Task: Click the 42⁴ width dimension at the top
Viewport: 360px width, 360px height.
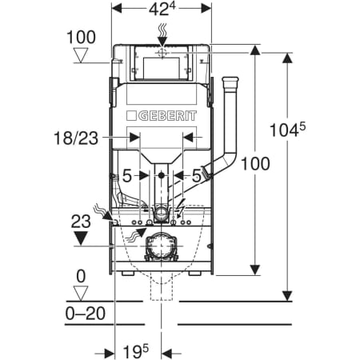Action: tap(162, 9)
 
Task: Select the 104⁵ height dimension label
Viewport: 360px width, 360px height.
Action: tap(287, 130)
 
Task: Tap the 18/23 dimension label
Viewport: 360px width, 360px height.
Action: tap(76, 138)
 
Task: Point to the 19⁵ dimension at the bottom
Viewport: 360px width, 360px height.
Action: tap(136, 352)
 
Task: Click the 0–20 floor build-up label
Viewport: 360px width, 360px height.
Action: tap(86, 314)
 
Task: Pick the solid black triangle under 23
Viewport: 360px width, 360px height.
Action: tap(81, 238)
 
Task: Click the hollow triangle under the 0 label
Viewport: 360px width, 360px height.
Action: tap(81, 294)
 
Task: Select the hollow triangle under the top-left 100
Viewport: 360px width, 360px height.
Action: tap(81, 55)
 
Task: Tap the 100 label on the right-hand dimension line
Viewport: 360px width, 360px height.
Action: tap(255, 163)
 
